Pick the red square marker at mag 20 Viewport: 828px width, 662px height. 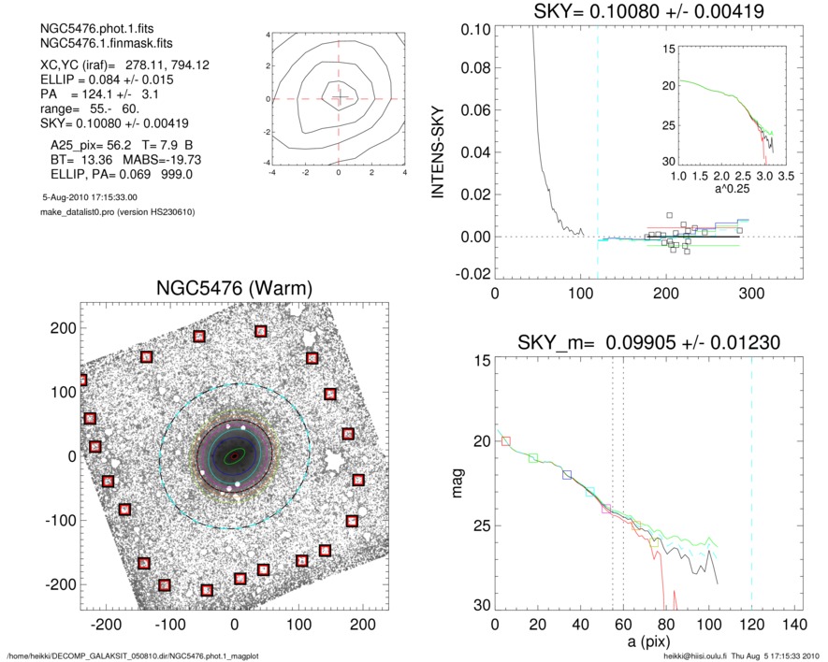tap(506, 440)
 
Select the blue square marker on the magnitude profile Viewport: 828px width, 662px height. tap(567, 475)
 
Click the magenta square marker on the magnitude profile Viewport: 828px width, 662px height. tap(606, 510)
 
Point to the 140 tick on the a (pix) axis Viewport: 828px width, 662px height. tap(794, 624)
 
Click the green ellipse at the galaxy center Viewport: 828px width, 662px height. tap(233, 455)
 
